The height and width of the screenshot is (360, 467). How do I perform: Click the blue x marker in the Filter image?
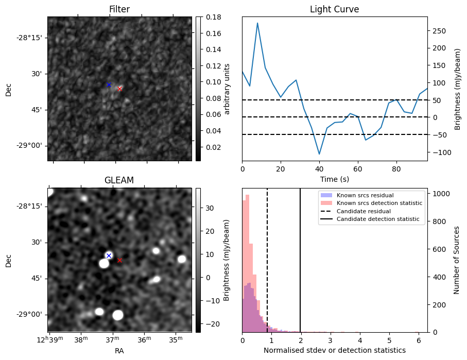click(109, 84)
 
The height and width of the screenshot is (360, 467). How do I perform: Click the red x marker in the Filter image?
click(120, 89)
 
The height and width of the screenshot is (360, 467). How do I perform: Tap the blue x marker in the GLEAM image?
click(109, 255)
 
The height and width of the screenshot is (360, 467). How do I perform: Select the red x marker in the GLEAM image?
click(120, 260)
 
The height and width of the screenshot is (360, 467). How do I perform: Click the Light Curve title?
click(334, 9)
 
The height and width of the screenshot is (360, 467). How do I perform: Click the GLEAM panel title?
click(119, 180)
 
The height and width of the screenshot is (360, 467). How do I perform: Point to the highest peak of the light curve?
click(257, 23)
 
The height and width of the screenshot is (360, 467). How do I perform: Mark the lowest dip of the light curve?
click(319, 154)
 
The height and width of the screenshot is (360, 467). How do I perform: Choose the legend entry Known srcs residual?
click(364, 196)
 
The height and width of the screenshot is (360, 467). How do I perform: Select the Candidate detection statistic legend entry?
click(377, 219)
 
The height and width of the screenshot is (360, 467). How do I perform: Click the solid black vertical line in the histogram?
click(300, 258)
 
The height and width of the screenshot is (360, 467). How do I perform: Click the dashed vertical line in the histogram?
click(267, 258)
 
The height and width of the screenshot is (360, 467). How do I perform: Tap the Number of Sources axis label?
click(457, 260)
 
